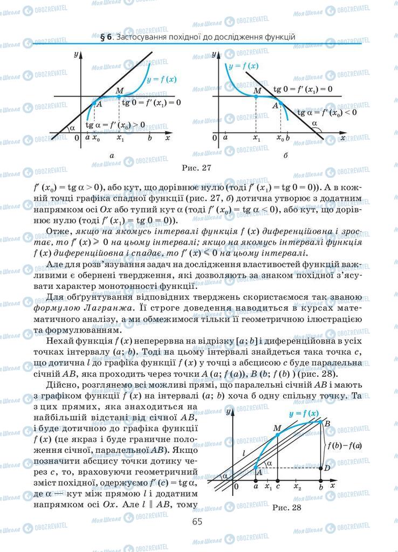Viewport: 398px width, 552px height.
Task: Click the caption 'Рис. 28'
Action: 285,507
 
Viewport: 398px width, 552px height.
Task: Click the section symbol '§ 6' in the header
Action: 106,37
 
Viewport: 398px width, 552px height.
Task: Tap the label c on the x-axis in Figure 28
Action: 278,487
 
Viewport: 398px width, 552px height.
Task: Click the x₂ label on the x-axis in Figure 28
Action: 297,487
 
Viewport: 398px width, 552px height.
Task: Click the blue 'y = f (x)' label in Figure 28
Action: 304,414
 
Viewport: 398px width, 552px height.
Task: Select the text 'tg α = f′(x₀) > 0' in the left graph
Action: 115,125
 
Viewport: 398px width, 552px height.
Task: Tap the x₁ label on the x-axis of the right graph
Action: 256,139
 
